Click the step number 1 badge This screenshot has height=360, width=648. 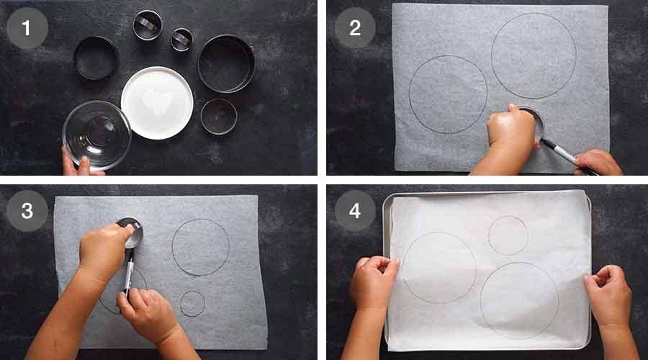tap(27, 28)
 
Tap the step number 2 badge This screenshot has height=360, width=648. tap(355, 28)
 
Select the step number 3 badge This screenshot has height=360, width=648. tap(27, 211)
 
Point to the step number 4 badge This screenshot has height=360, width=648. tap(355, 211)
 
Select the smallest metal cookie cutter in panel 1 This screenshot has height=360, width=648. tap(182, 40)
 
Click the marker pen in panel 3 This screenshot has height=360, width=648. tap(130, 271)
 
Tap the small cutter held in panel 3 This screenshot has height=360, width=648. tap(132, 232)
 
